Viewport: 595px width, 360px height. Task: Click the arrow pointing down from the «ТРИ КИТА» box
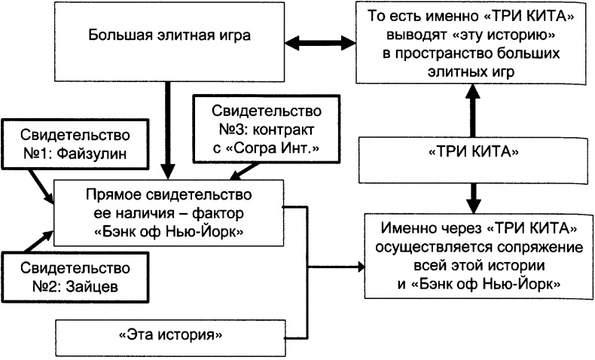471,197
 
